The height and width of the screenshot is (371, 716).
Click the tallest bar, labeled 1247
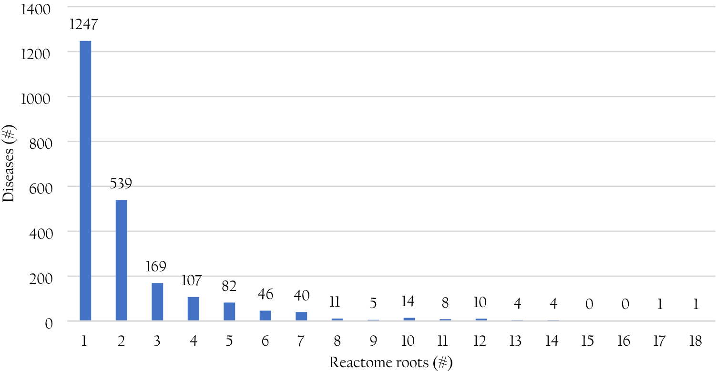85,181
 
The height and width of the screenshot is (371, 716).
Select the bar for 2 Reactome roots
121,260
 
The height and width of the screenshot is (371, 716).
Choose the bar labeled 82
229,311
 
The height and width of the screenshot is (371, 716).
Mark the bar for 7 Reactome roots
301,316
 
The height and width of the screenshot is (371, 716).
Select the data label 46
265,294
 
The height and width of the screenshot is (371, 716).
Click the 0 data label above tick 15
589,305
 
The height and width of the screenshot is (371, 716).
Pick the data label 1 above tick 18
696,305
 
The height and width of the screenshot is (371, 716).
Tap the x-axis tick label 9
373,341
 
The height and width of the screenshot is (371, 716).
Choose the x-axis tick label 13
517,341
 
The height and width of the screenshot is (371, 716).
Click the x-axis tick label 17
660,341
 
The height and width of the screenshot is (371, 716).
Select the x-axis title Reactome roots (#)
390,362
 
